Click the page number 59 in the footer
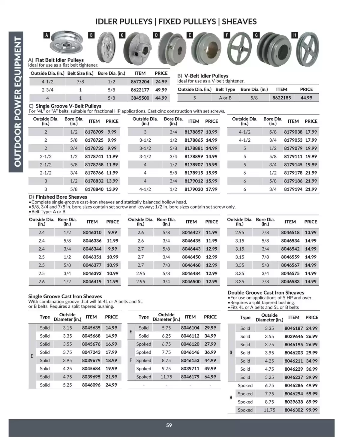click(x=169, y=425)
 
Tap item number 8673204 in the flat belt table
click(x=140, y=82)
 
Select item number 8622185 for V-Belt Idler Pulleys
click(x=281, y=98)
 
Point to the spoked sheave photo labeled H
click(x=307, y=49)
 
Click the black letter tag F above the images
click(x=227, y=35)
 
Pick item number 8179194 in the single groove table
click(x=293, y=189)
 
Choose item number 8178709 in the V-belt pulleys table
click(x=94, y=132)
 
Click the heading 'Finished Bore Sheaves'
click(x=61, y=197)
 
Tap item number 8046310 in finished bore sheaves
click(x=92, y=233)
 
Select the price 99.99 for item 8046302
click(x=312, y=410)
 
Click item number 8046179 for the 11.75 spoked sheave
click(x=190, y=377)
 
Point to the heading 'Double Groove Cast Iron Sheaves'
click(x=266, y=293)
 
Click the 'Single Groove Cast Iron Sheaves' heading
click(x=65, y=296)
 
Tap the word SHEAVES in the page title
click(x=239, y=22)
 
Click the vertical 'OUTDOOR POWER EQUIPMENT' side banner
click(x=16, y=102)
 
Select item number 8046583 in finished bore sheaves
click(x=290, y=282)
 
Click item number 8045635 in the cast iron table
click(x=91, y=328)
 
